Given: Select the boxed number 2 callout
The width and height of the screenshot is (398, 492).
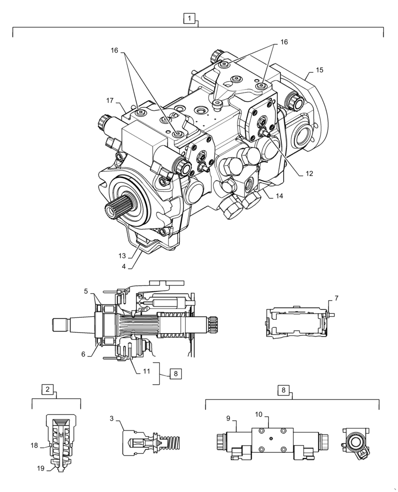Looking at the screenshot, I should (47, 389).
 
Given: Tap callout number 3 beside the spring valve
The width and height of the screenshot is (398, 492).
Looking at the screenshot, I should (112, 418).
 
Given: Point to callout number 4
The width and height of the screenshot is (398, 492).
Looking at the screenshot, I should (124, 266).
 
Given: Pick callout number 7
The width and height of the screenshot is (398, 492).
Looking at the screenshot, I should (336, 298).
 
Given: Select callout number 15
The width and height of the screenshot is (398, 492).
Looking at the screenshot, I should (319, 70).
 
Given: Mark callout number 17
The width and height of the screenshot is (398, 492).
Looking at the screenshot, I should (110, 100).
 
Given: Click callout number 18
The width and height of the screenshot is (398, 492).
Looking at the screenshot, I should (34, 445).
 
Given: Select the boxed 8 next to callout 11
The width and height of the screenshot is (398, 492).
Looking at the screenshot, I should (175, 373).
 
